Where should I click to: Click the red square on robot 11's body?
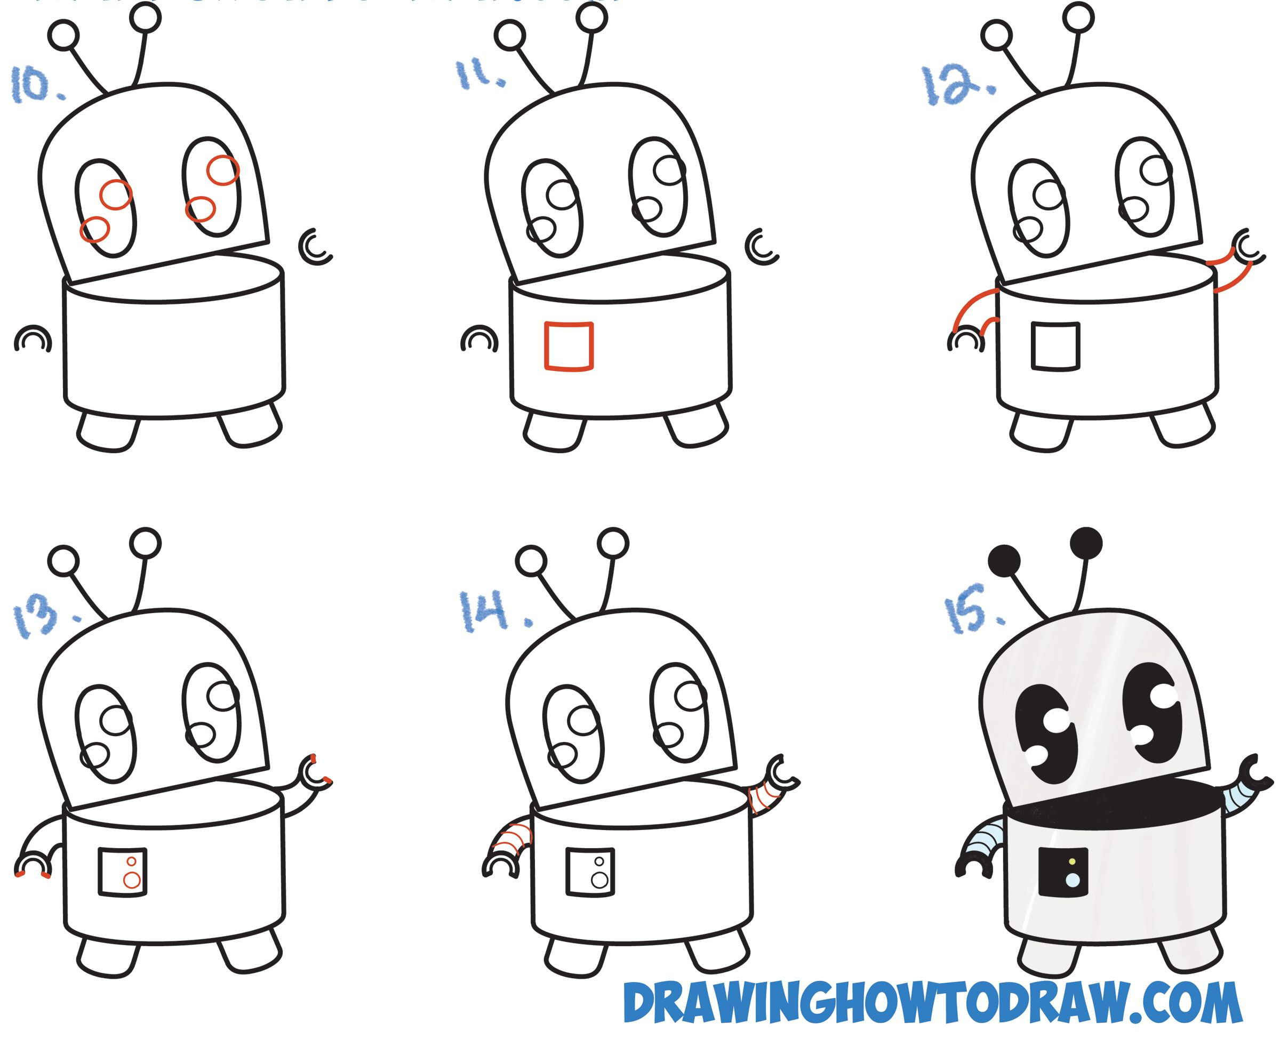click(568, 347)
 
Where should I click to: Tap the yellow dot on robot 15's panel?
click(1072, 862)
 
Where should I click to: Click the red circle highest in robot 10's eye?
click(222, 170)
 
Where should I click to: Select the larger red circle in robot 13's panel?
click(132, 880)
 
